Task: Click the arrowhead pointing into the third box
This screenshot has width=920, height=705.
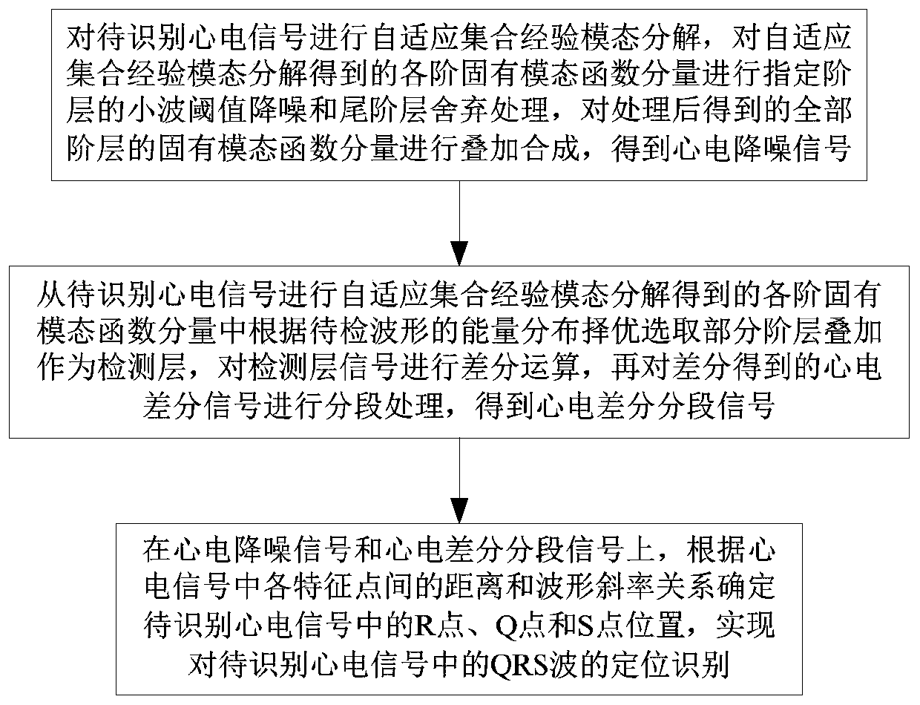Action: pyautogui.click(x=460, y=511)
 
